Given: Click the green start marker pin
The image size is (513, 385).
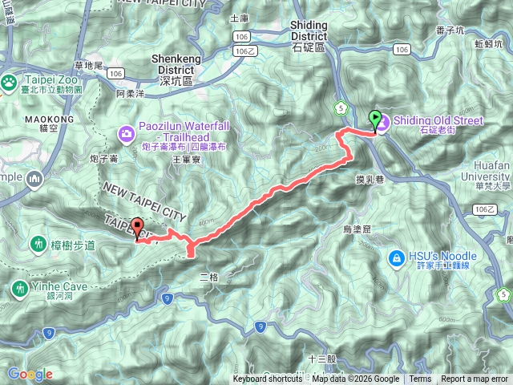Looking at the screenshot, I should click(x=375, y=120).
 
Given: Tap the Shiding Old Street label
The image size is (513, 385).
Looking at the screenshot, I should click(x=438, y=121).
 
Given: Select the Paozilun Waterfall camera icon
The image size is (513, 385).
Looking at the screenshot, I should click(x=127, y=132).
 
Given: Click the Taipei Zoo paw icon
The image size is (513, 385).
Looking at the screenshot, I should click(x=9, y=81).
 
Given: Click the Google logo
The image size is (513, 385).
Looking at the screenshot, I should click(x=30, y=374).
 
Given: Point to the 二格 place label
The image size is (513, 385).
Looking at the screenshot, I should click(x=208, y=276).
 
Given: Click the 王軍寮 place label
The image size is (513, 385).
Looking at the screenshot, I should click(x=186, y=160).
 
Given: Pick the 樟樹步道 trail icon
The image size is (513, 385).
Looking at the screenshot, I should click(x=38, y=242).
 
